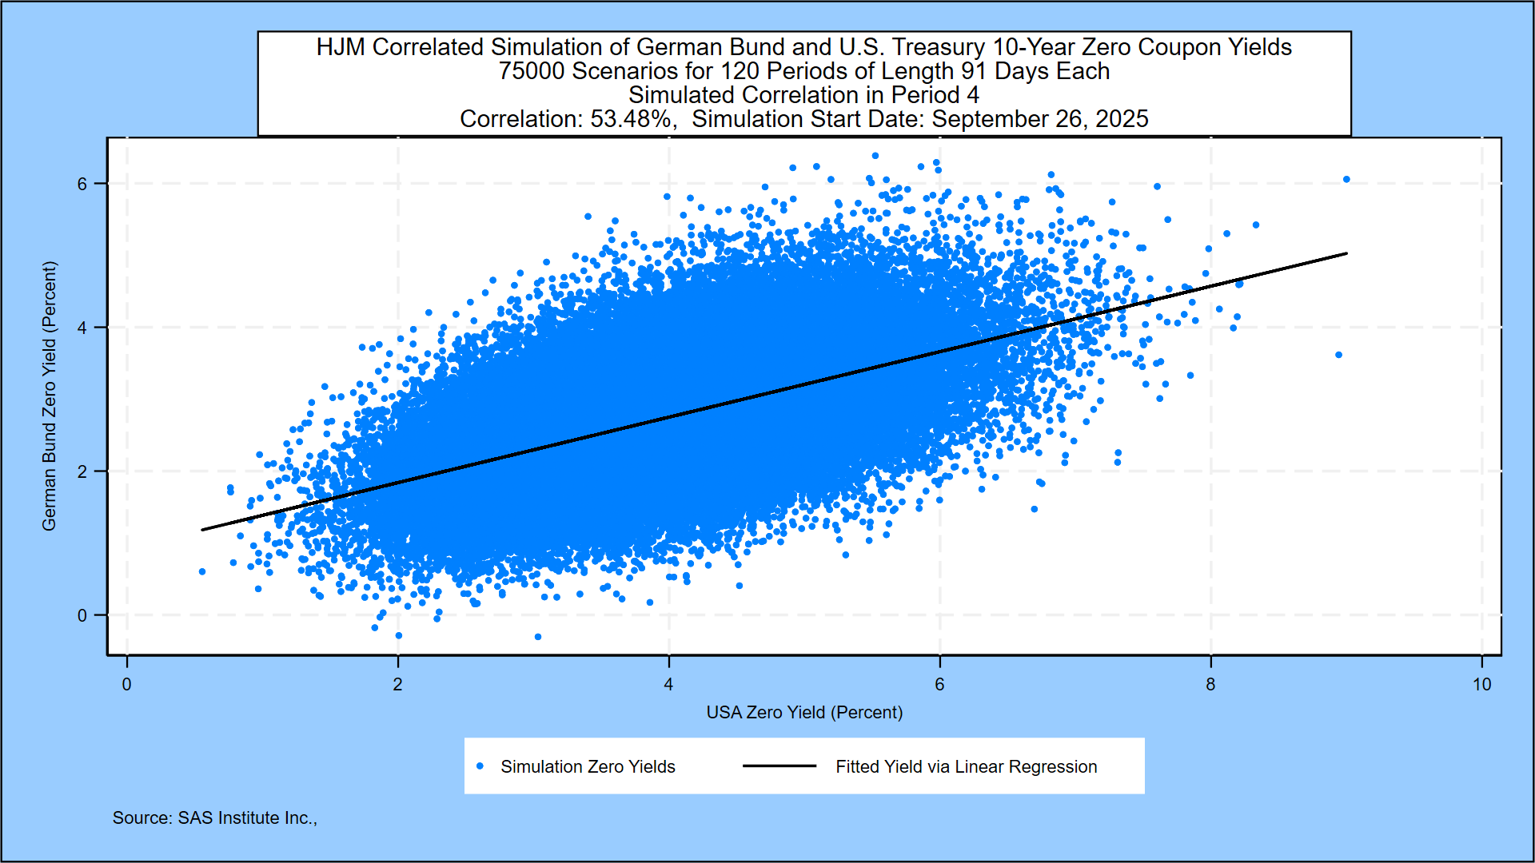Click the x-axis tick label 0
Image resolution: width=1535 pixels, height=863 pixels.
[x=126, y=685]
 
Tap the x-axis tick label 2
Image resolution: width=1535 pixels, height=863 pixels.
[x=397, y=685]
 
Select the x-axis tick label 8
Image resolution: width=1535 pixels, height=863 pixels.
[x=1210, y=685]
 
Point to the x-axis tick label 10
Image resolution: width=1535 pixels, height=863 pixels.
[x=1481, y=685]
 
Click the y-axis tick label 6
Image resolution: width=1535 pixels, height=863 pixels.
[x=82, y=184]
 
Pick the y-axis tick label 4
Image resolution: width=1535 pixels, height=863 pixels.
[x=82, y=328]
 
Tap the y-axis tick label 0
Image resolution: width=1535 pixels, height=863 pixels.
[x=82, y=615]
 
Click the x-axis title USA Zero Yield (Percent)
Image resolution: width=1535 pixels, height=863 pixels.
[x=804, y=712]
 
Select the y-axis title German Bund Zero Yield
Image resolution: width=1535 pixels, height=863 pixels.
[x=50, y=396]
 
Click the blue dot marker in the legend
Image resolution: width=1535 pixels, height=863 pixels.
[x=480, y=766]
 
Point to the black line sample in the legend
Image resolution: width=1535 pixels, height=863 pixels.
[x=779, y=766]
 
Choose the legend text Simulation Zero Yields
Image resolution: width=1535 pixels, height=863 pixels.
[x=588, y=767]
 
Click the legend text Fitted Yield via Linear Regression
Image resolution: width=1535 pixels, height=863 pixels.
[x=966, y=767]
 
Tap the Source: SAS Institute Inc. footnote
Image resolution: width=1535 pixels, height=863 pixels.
[x=214, y=818]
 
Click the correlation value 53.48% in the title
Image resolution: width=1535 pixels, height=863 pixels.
[x=631, y=119]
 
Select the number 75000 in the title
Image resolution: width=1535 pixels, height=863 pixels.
[x=532, y=71]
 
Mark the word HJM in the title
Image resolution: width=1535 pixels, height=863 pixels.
[x=341, y=47]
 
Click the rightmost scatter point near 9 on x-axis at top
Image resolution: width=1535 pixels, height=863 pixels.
[x=1346, y=179]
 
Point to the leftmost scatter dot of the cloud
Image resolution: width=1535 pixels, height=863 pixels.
[x=202, y=571]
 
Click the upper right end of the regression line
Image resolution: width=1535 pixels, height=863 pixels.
[x=1346, y=253]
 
